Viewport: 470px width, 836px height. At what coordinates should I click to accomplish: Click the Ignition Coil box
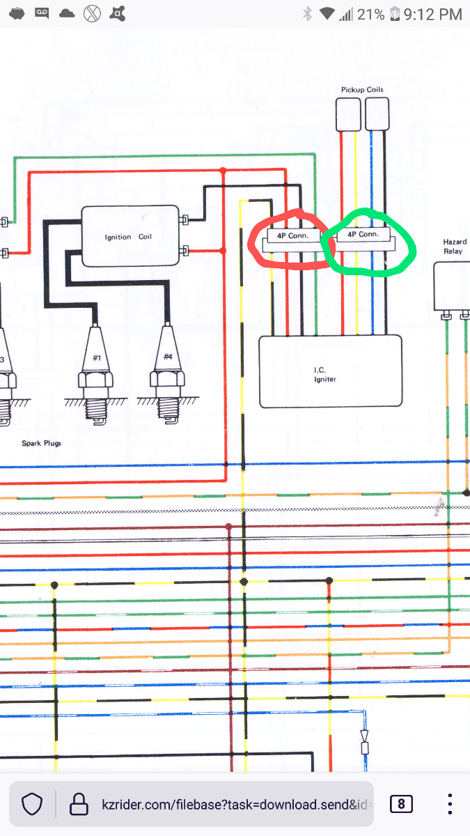[130, 236]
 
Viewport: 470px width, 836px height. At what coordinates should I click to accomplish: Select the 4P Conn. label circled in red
[292, 235]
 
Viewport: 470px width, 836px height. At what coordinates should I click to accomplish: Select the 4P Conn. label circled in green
[363, 235]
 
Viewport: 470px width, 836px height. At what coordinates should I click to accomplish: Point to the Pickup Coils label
[362, 90]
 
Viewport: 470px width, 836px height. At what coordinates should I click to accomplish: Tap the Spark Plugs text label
[41, 443]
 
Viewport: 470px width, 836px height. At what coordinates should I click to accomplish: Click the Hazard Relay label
[454, 247]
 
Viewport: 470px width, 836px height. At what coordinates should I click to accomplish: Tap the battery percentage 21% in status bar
[370, 13]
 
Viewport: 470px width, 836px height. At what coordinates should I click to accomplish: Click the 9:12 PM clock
[432, 13]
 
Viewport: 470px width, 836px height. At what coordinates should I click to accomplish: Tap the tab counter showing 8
[401, 804]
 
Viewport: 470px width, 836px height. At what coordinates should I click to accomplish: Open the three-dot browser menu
[450, 804]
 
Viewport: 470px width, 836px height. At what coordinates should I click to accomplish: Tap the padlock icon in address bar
[78, 804]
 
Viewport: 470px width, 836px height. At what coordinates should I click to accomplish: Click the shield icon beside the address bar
[33, 804]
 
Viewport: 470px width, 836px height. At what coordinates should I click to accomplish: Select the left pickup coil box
[348, 114]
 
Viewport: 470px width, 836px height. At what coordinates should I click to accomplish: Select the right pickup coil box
[377, 114]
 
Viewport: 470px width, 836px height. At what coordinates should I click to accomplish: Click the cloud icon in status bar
[67, 13]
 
